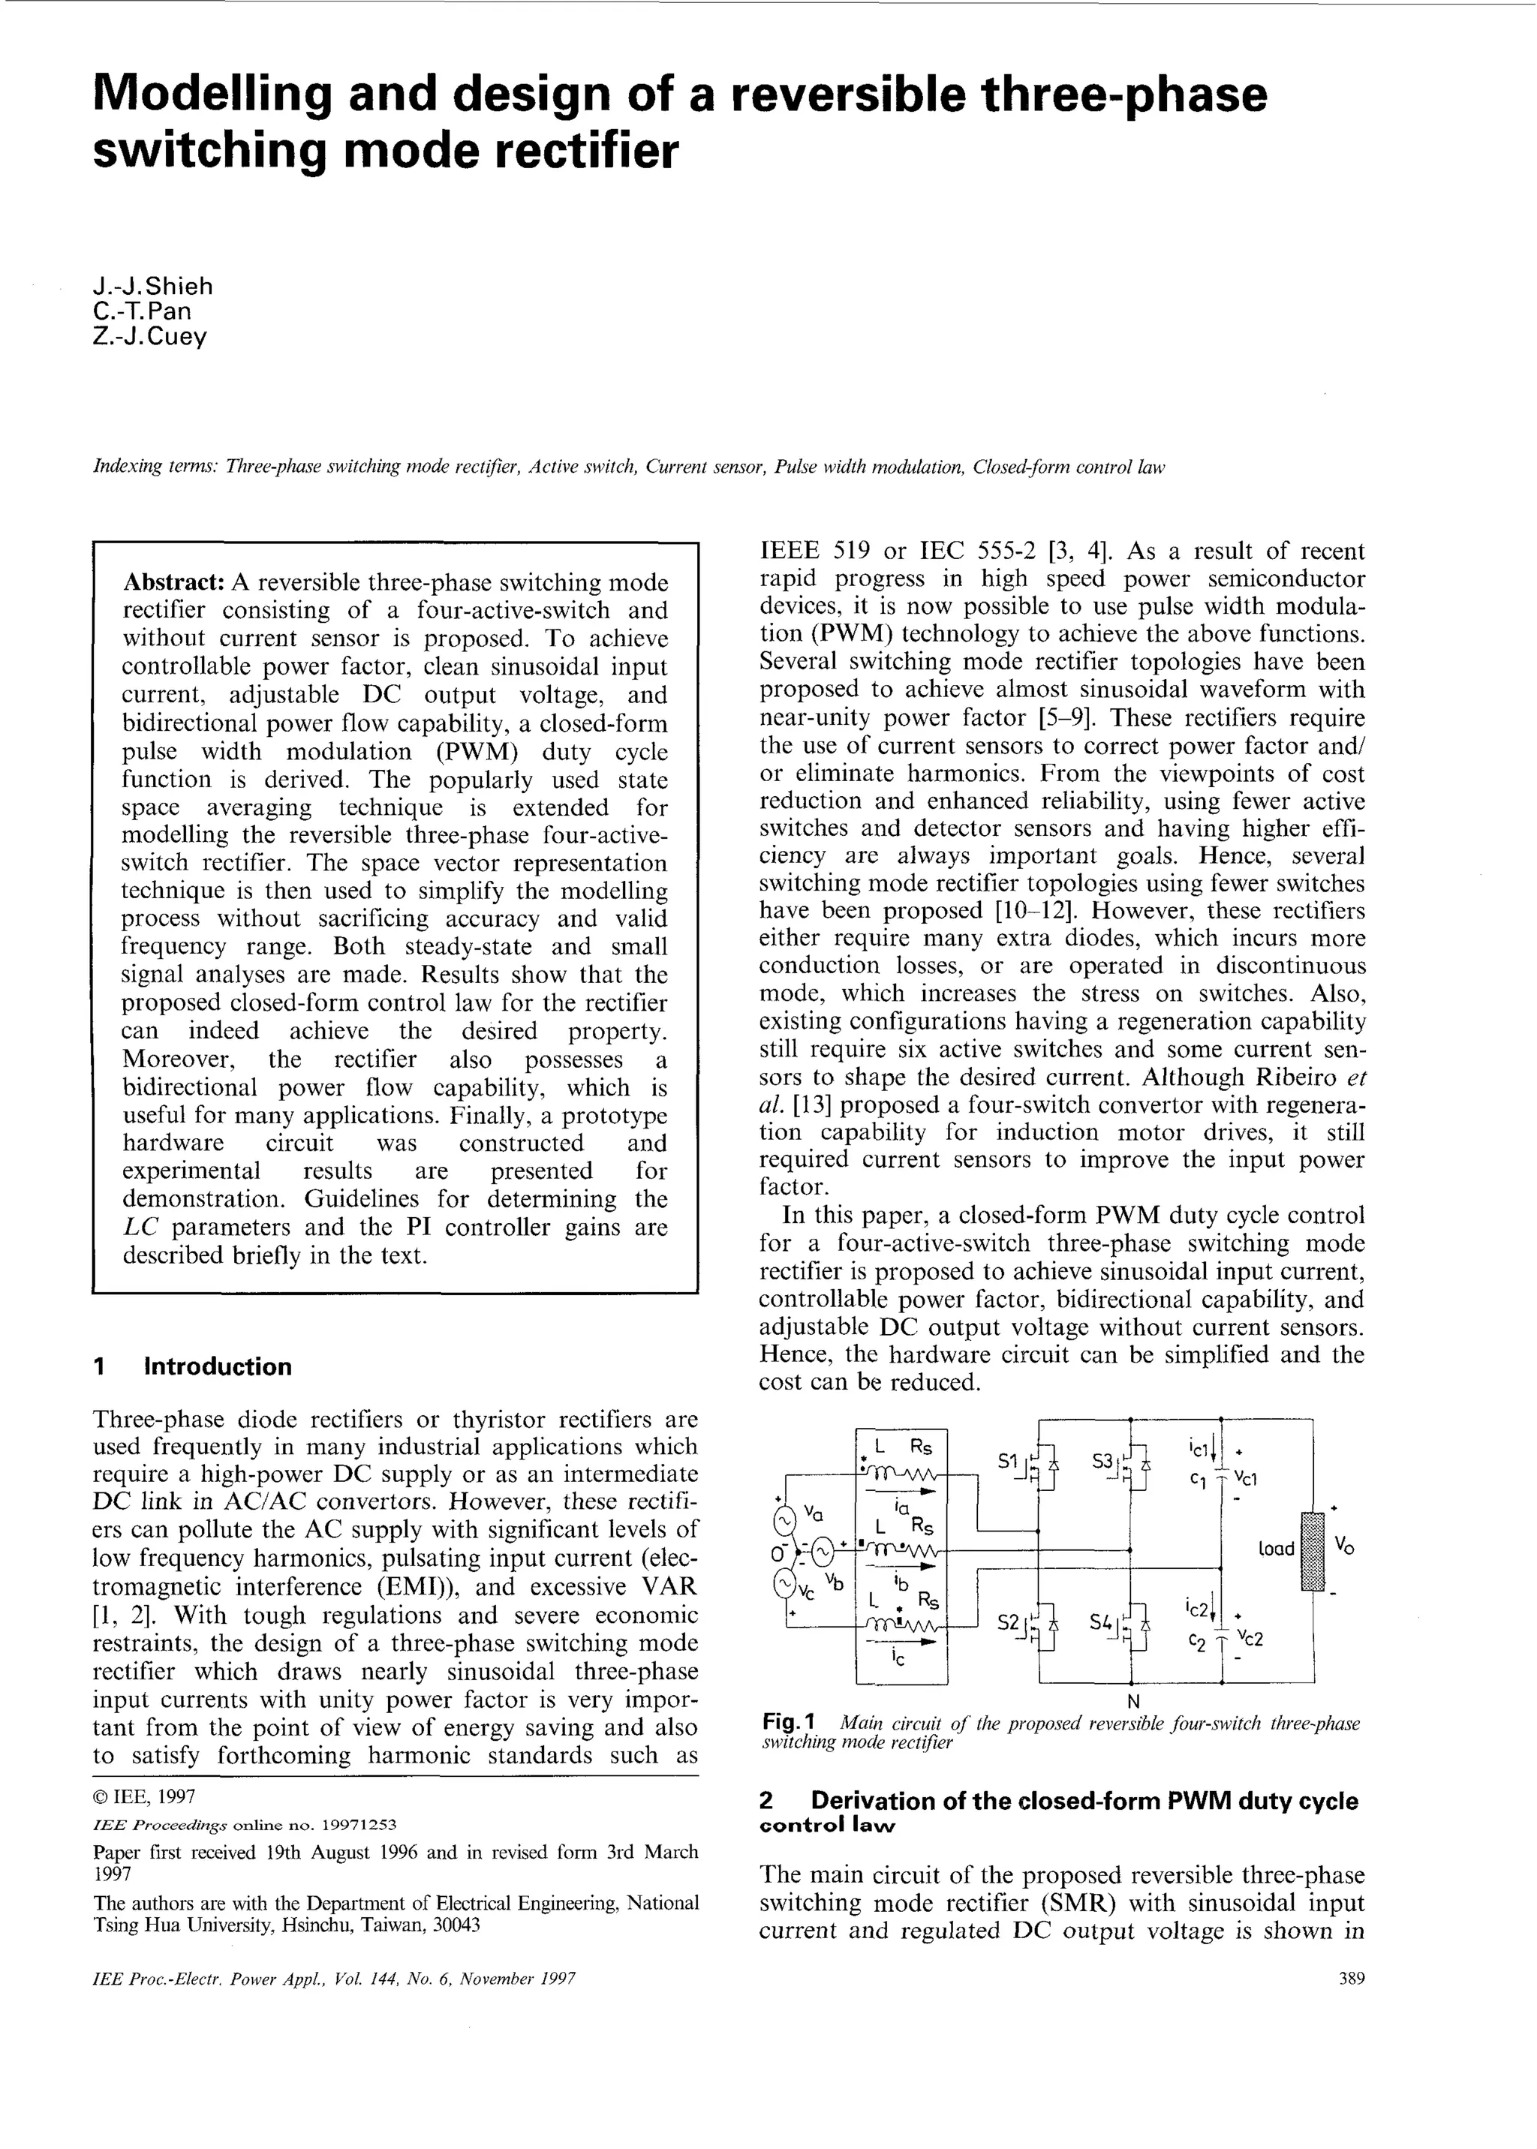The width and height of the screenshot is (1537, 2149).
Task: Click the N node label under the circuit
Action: coord(1133,1697)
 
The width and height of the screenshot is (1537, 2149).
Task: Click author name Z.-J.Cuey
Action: coord(149,337)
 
